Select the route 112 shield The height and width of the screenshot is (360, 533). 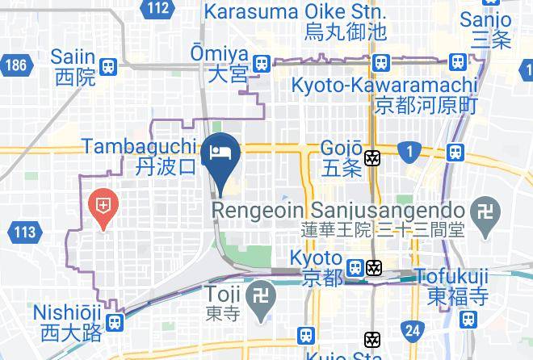point(158,8)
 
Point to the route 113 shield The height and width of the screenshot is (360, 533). point(24,233)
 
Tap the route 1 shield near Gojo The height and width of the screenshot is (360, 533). point(409,150)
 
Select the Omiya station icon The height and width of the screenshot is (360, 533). point(261,64)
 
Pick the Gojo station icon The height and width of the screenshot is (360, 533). point(372,158)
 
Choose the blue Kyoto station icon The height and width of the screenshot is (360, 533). point(354,266)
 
